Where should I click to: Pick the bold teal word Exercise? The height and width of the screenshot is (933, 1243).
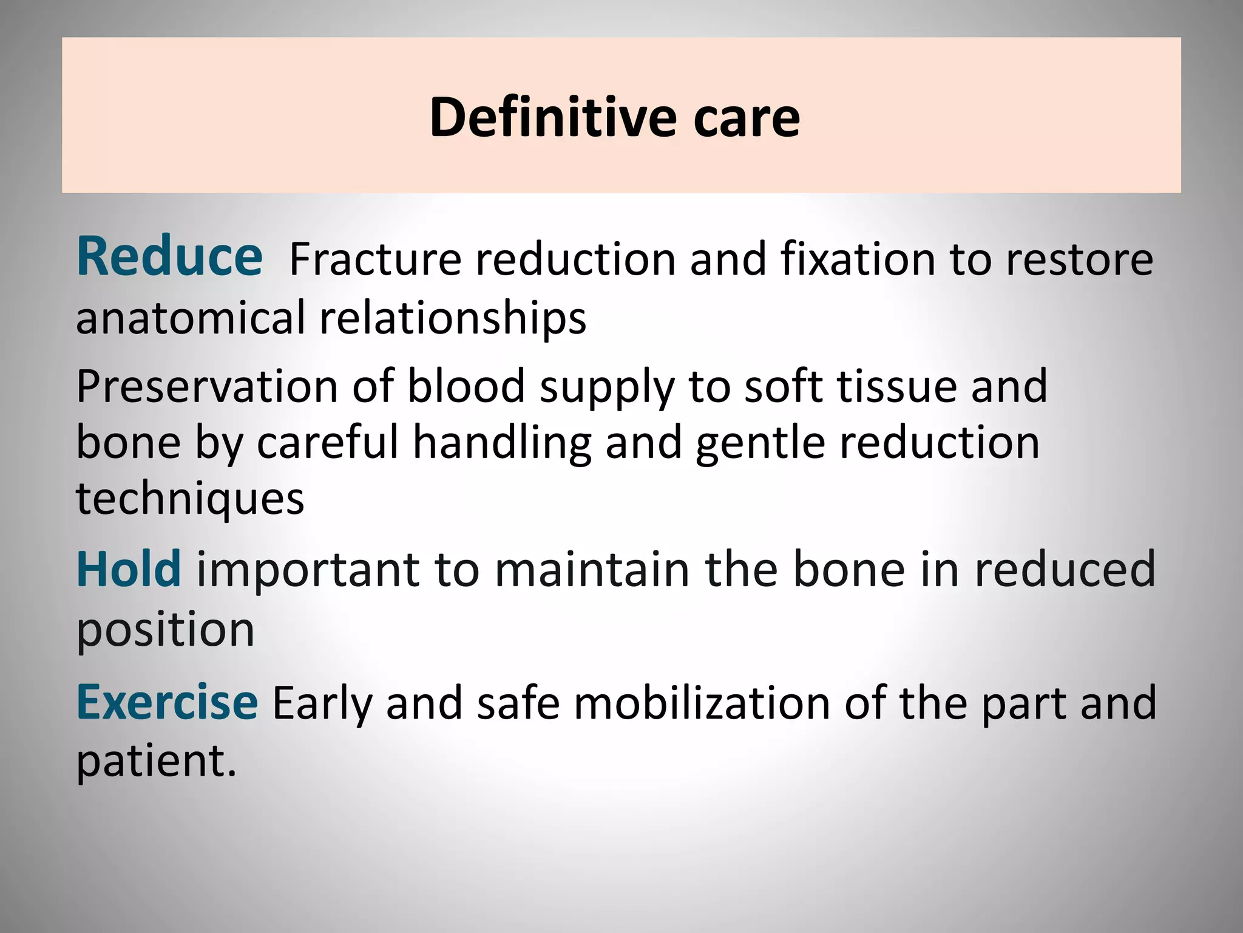coord(167,702)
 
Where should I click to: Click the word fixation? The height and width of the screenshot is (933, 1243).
coord(858,259)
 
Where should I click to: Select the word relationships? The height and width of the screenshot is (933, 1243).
coord(453,320)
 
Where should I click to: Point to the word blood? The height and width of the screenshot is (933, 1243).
coord(466,386)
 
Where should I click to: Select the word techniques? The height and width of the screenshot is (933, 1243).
coord(190,499)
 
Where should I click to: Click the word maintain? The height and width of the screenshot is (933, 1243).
coord(592,570)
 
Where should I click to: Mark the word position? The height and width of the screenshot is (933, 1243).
coord(165,631)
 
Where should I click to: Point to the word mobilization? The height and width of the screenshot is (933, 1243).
coord(702,703)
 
